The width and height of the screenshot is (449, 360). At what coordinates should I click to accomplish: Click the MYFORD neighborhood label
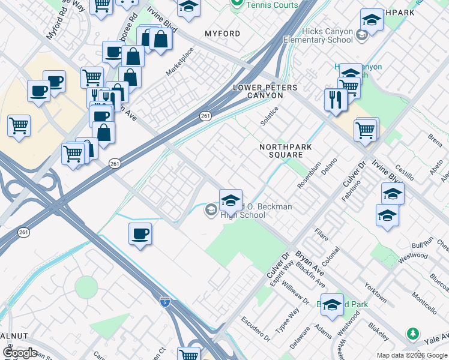pyautogui.click(x=222, y=34)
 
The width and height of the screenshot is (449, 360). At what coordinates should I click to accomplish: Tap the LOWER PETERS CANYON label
pyautogui.click(x=265, y=92)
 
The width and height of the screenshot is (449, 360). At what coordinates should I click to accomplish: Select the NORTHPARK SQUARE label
pyautogui.click(x=281, y=151)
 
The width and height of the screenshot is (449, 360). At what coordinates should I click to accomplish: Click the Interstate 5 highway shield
pyautogui.click(x=164, y=302)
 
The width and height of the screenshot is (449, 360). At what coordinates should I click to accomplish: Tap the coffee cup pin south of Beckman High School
pyautogui.click(x=140, y=234)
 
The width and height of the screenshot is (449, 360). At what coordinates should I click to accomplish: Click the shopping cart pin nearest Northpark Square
pyautogui.click(x=366, y=130)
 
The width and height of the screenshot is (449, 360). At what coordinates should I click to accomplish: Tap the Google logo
pyautogui.click(x=20, y=353)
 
